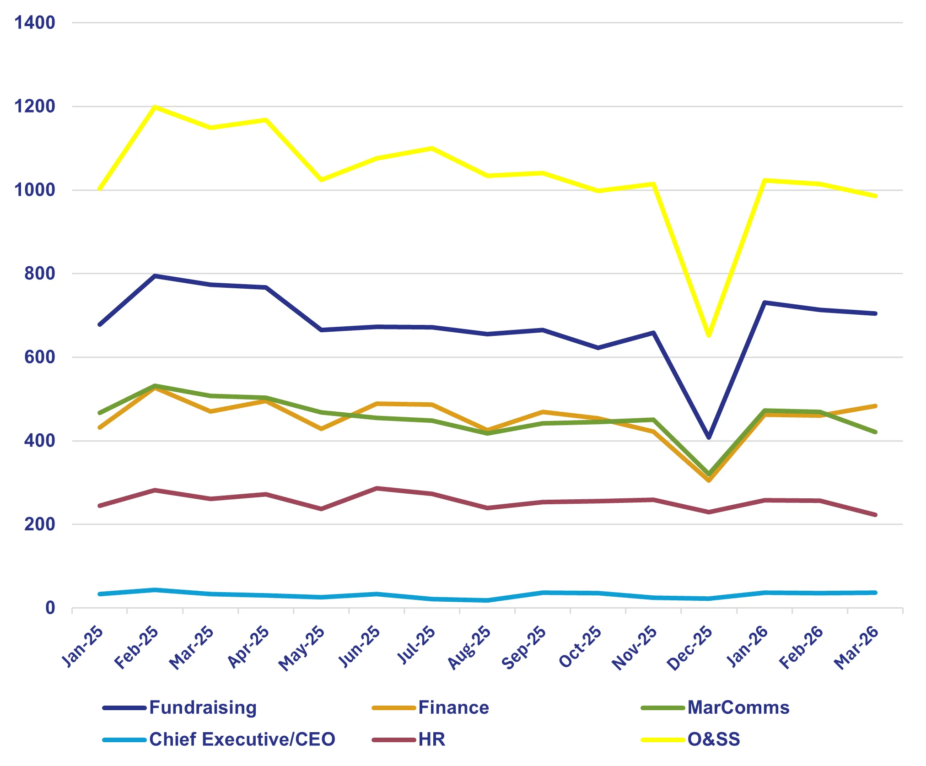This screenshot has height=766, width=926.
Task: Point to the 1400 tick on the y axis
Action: tap(35, 22)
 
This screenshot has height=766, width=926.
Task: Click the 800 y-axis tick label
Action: tap(39, 274)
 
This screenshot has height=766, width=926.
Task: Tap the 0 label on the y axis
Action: tap(50, 608)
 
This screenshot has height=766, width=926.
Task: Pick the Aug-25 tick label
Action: tap(469, 647)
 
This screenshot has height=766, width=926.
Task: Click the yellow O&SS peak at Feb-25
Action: tap(155, 107)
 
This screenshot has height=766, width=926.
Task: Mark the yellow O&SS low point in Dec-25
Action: tap(709, 335)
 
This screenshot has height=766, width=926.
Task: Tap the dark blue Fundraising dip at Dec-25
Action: tap(709, 437)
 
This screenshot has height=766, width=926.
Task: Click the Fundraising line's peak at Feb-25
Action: tap(155, 276)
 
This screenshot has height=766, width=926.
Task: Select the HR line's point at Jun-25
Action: tap(377, 488)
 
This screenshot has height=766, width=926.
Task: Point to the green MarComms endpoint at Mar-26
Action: tap(875, 432)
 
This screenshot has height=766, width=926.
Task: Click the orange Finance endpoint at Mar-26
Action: tap(875, 406)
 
